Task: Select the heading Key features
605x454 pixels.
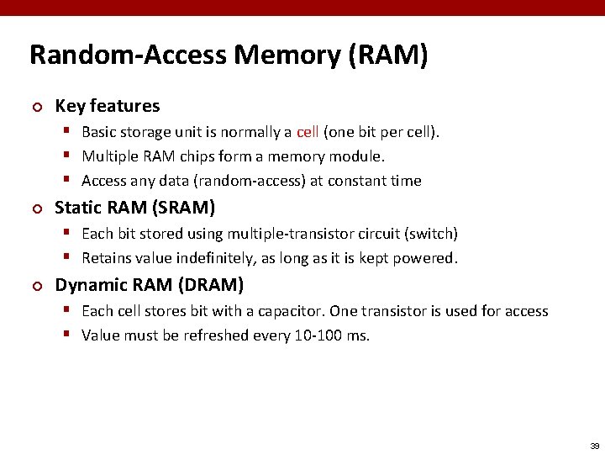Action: click(x=107, y=106)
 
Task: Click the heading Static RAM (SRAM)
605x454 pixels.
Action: click(x=134, y=207)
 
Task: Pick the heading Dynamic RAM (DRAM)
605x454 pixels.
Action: click(x=150, y=285)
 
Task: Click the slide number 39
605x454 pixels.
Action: click(x=594, y=445)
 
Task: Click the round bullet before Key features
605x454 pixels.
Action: click(x=35, y=107)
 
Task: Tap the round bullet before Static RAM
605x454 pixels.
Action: click(x=35, y=208)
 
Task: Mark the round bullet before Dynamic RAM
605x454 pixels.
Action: click(x=35, y=286)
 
